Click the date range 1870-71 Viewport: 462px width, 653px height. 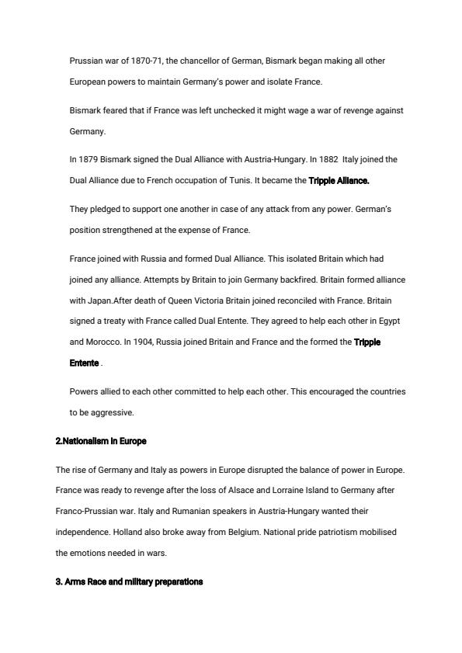pyautogui.click(x=139, y=61)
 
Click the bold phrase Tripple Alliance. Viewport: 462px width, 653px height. pyautogui.click(x=339, y=180)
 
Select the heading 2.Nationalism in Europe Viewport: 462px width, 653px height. pyautogui.click(x=101, y=441)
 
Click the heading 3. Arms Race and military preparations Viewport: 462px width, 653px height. pyautogui.click(x=130, y=582)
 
